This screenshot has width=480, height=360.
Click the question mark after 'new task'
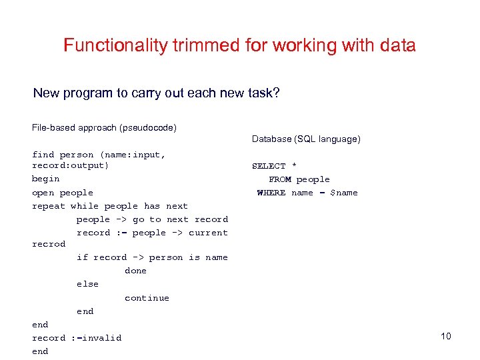click(x=276, y=93)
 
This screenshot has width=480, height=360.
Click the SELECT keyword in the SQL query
click(x=269, y=166)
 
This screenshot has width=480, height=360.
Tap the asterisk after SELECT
click(x=294, y=166)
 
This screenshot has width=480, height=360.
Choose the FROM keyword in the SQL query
click(x=279, y=179)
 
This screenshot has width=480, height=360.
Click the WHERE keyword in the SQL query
click(x=271, y=193)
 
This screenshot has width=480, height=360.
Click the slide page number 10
click(x=446, y=336)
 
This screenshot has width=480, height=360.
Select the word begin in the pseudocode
click(x=46, y=179)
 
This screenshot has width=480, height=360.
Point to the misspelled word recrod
click(x=49, y=244)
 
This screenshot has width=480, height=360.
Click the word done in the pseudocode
click(x=135, y=271)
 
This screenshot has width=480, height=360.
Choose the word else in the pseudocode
click(x=87, y=284)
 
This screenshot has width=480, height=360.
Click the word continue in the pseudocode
click(x=147, y=298)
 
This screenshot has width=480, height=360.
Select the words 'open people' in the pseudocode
click(x=63, y=193)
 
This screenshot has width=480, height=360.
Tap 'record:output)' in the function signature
click(x=71, y=165)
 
